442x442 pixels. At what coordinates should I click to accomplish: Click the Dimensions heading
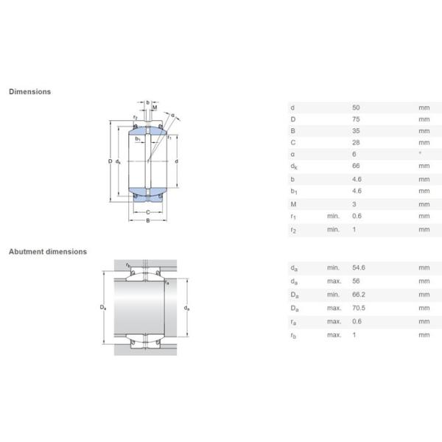coord(29,92)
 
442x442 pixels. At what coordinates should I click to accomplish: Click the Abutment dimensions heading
coord(47,252)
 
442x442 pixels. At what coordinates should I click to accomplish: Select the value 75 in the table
coord(357,119)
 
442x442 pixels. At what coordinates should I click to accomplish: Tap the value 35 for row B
coord(357,130)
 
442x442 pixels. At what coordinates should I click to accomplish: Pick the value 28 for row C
coord(357,142)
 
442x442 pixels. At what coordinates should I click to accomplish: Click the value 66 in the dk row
coord(357,166)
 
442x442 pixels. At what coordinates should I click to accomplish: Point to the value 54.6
coord(359,268)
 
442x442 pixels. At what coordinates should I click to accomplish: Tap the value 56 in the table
coord(357,281)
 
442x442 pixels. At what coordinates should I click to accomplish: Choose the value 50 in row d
coord(357,107)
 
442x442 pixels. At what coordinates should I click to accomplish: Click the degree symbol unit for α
coord(420,154)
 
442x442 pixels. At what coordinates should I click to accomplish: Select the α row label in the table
coord(292,155)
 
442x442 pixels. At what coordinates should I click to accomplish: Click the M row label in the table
coord(293,204)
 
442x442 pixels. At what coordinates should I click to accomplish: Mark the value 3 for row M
coord(354,204)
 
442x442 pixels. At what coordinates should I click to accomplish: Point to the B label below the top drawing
coord(147,222)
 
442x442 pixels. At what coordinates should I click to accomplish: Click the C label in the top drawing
coord(147,212)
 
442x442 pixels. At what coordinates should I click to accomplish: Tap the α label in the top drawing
coord(172,115)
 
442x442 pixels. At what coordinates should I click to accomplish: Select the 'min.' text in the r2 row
coord(333,230)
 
